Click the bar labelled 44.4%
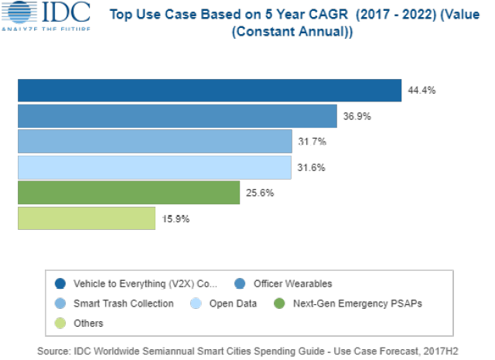coord(209,91)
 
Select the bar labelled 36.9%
coord(177,116)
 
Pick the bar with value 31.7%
coord(155,142)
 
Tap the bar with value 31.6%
coord(154,167)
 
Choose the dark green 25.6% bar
coord(128,193)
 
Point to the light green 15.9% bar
coord(86,218)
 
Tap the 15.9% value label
coord(176,218)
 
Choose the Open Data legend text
coord(232,303)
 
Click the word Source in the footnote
coord(53,351)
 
